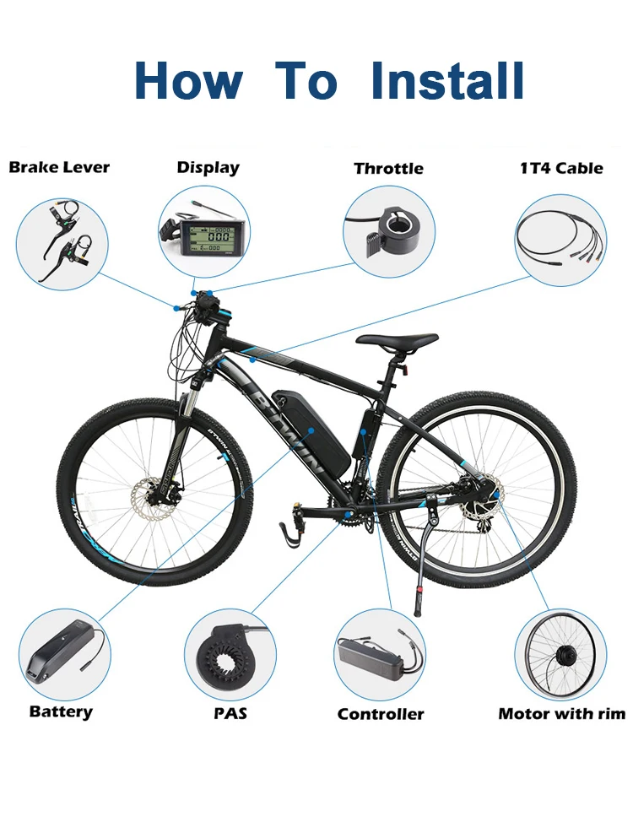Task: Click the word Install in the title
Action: click(x=448, y=80)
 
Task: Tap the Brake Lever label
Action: click(x=59, y=167)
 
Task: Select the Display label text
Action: click(x=208, y=167)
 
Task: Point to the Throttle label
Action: click(x=388, y=168)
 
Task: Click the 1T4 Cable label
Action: click(x=561, y=168)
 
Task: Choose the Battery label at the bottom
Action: click(x=61, y=711)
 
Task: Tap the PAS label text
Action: click(x=230, y=713)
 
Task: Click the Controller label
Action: click(x=381, y=714)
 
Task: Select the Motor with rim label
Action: click(x=561, y=714)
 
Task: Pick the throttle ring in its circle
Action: click(x=392, y=228)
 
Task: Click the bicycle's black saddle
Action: click(x=397, y=340)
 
